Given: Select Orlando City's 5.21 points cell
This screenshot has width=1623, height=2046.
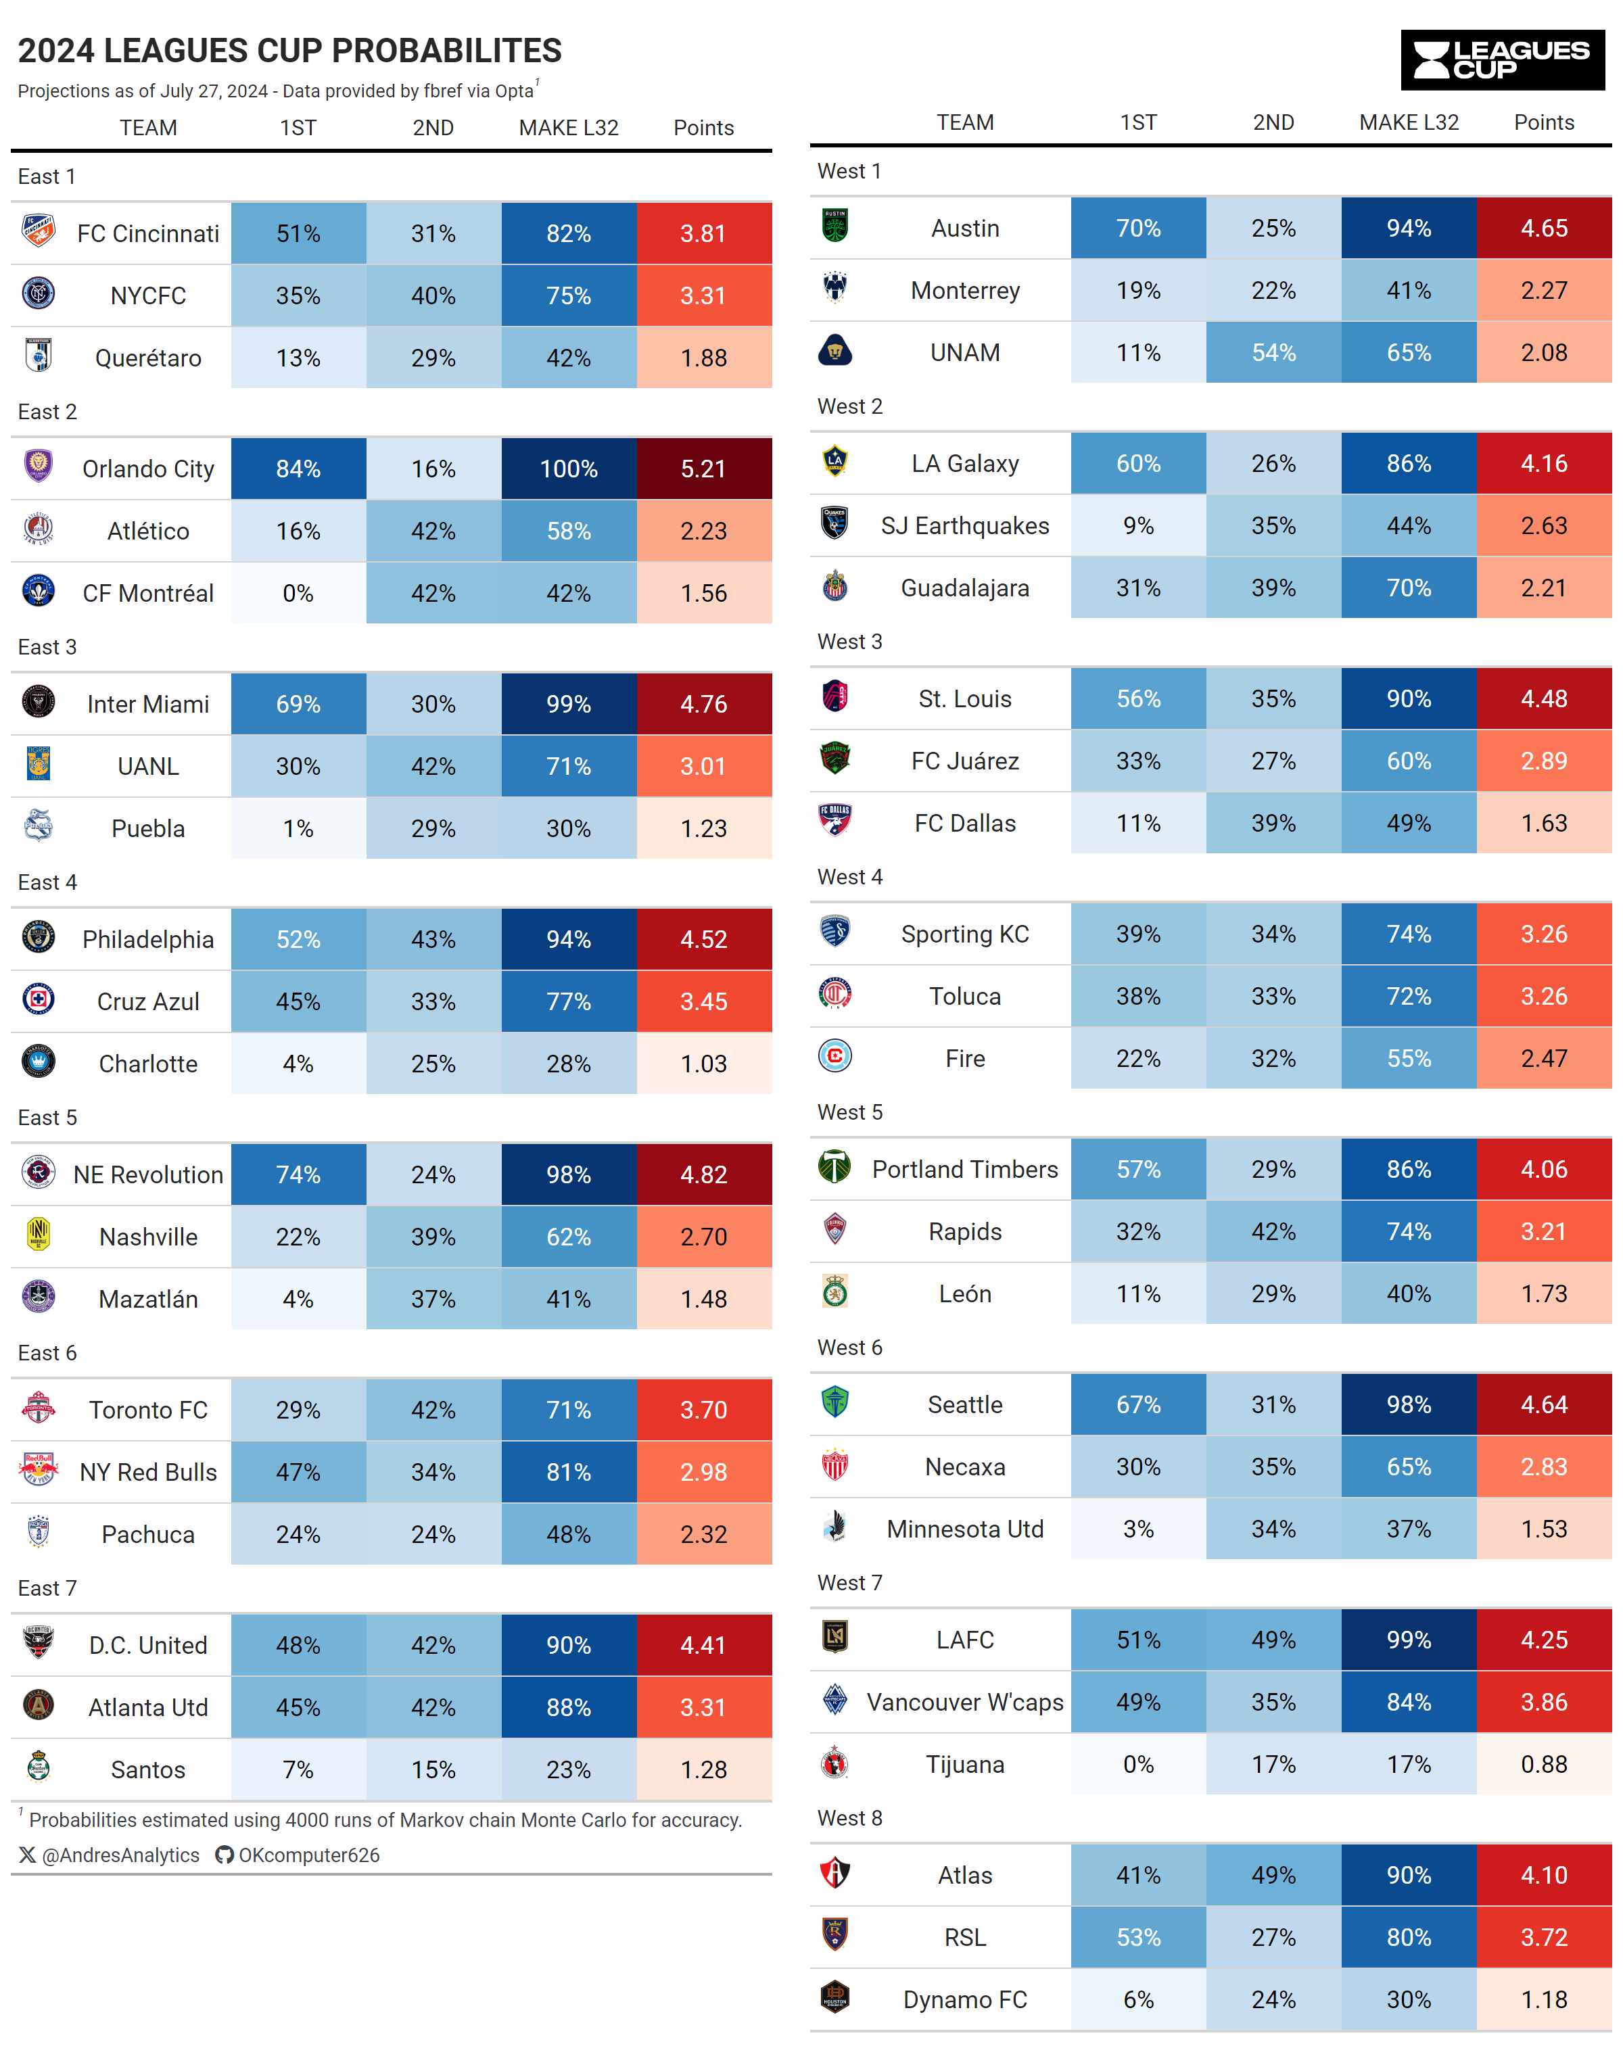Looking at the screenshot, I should tap(703, 469).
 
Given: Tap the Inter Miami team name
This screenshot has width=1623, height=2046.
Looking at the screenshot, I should tap(148, 704).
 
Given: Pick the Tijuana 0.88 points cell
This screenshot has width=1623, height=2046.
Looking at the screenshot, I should tap(1543, 1764).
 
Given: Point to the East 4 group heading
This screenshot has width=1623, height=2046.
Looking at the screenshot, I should tap(47, 882).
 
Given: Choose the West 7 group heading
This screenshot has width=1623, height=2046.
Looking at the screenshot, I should tap(849, 1583).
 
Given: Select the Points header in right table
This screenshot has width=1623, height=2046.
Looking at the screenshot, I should tap(1543, 122).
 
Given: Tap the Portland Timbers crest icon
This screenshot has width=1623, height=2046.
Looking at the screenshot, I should tap(834, 1166).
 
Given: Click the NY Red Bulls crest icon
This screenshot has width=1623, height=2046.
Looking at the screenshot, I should tap(38, 1469).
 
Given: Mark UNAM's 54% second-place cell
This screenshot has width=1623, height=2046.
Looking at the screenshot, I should tap(1273, 353).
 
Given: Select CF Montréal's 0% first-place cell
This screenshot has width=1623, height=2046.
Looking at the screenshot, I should tap(298, 593).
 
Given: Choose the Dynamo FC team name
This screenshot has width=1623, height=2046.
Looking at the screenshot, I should tap(964, 1999).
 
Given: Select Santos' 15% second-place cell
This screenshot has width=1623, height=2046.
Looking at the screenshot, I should tap(433, 1770).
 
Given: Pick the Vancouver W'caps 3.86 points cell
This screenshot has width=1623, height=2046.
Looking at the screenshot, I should tap(1543, 1703).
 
